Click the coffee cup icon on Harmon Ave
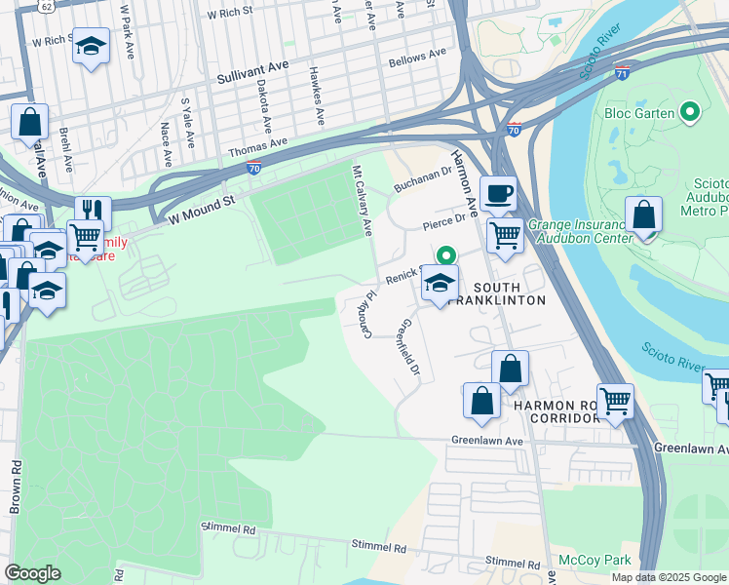[498, 193]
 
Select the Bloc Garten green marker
[691, 112]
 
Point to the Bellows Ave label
[416, 58]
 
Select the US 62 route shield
[47, 6]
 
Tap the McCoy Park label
[595, 560]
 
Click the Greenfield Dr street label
[409, 349]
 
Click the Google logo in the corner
[33, 572]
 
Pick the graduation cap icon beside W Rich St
[91, 46]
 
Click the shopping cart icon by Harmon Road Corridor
[615, 399]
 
